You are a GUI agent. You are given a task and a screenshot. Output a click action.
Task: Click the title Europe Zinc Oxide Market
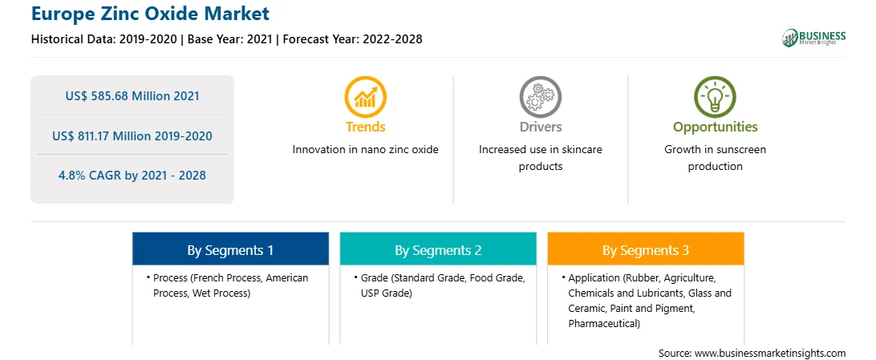click(x=150, y=13)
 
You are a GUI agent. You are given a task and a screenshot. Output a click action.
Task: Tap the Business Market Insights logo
click(x=813, y=38)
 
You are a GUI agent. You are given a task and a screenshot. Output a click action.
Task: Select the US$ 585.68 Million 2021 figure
click(x=132, y=96)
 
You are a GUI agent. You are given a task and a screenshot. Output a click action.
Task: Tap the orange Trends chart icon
click(x=365, y=97)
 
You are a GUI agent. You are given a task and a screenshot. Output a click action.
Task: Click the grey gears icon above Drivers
click(x=540, y=97)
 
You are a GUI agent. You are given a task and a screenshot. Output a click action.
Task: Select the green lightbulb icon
click(x=715, y=97)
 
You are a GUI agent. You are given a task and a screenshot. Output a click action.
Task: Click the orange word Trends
click(x=365, y=127)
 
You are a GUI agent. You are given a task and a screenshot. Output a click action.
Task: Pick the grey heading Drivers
click(x=540, y=127)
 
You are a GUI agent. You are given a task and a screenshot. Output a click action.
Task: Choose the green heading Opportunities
click(x=715, y=127)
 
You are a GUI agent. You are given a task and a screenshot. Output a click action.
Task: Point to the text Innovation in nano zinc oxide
click(x=365, y=150)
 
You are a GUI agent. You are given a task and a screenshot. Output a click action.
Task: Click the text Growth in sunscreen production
click(x=715, y=158)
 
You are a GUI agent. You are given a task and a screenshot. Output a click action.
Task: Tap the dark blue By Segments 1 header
click(x=230, y=250)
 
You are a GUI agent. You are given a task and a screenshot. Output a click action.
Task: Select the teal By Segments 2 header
click(x=438, y=250)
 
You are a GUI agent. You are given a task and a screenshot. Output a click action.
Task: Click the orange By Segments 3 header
click(x=646, y=250)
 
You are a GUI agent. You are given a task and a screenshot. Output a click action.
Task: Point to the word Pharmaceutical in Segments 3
click(x=602, y=323)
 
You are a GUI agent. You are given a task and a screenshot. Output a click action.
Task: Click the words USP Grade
click(x=386, y=293)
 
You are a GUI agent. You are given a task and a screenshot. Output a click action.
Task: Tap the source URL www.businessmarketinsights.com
click(x=770, y=354)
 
